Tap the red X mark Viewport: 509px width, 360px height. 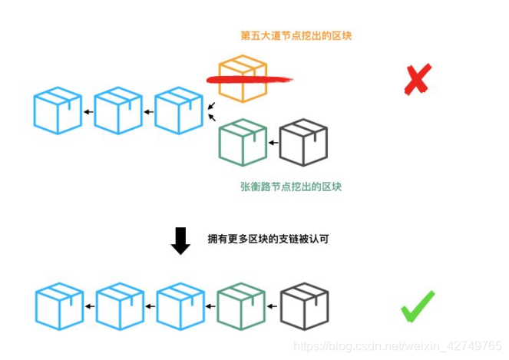tap(416, 81)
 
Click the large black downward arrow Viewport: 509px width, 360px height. tap(180, 240)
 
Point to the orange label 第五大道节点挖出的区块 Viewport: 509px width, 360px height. tap(296, 35)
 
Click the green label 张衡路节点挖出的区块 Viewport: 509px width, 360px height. tap(290, 187)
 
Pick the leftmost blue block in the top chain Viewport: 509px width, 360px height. tap(58, 111)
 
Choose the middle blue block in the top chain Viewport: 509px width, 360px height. tap(118, 111)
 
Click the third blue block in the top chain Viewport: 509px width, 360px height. tap(179, 111)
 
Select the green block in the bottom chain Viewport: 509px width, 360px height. tap(243, 307)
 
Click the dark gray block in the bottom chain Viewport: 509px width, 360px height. tap(304, 307)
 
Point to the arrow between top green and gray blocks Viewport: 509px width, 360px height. tap(273, 143)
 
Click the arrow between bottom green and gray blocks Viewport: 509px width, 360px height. tap(273, 308)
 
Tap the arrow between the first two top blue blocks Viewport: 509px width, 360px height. tap(88, 113)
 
